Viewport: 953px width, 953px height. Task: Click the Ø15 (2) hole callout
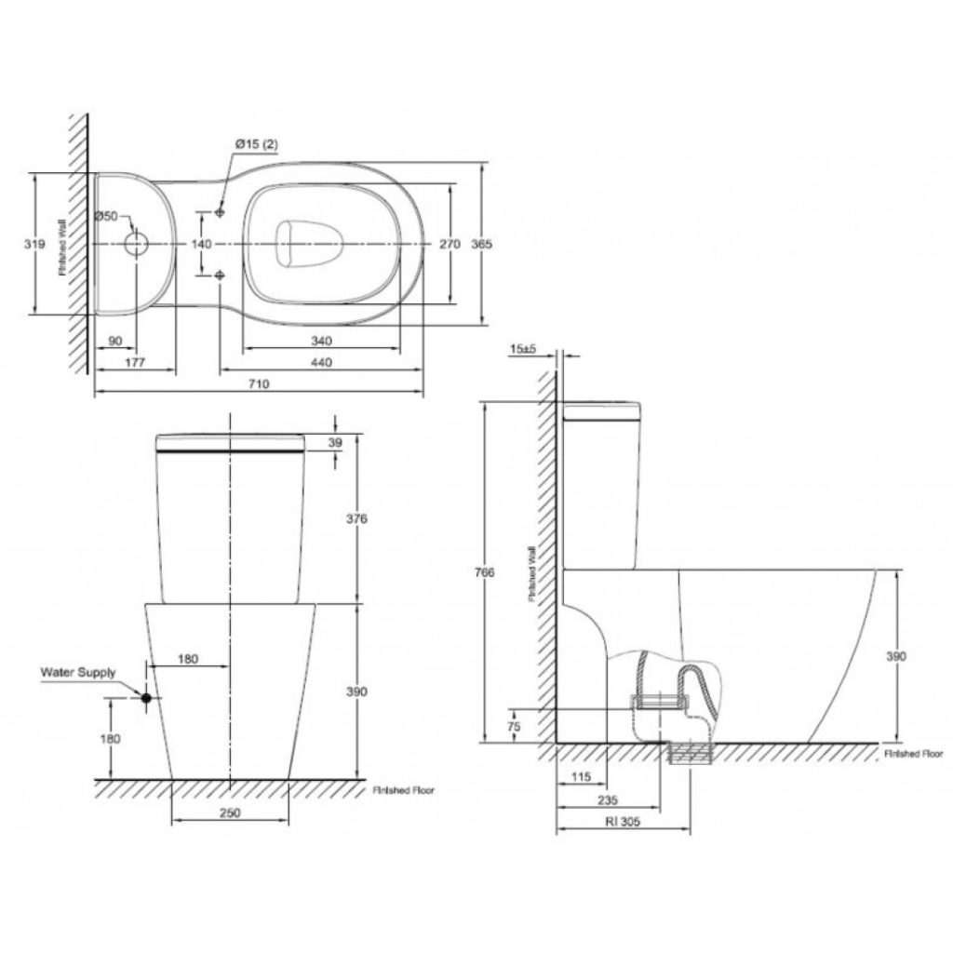tap(257, 144)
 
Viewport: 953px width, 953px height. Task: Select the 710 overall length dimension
tap(259, 383)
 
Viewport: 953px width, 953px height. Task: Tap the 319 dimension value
tap(34, 244)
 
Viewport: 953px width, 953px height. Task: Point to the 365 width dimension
tap(482, 244)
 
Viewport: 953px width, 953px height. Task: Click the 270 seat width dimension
tap(450, 244)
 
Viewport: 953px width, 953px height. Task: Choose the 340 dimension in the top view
tap(321, 341)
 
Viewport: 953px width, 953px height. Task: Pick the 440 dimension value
tap(321, 362)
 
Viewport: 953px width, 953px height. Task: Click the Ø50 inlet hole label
tap(106, 216)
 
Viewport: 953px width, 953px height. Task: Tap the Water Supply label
tap(78, 672)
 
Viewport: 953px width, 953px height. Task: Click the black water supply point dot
tap(146, 698)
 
